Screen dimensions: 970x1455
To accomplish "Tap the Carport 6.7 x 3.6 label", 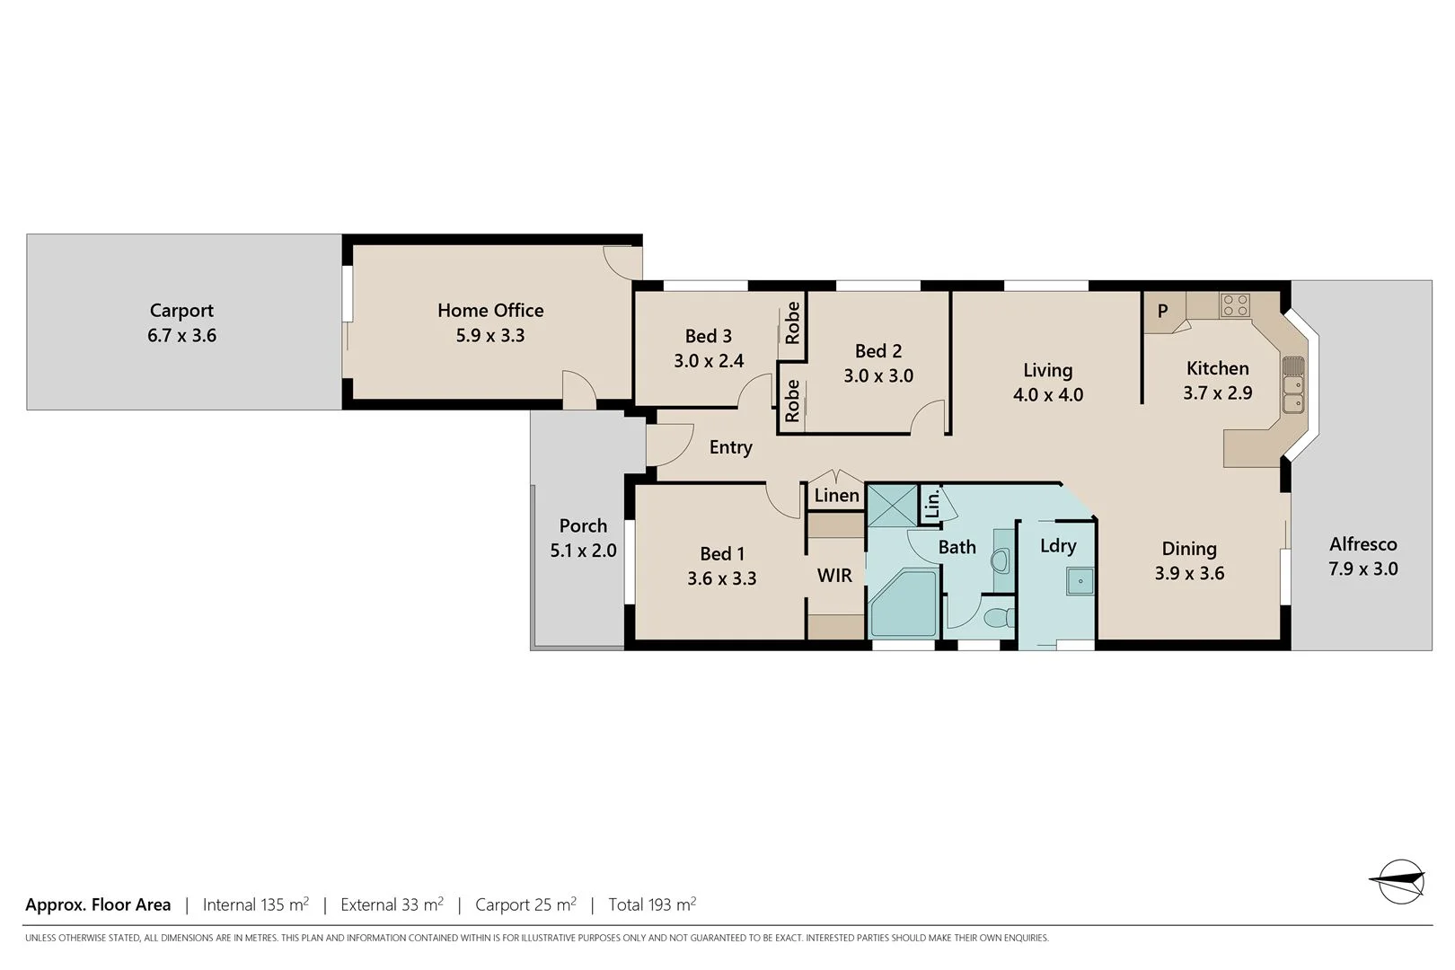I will (181, 323).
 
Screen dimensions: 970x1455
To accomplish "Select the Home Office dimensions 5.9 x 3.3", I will (489, 336).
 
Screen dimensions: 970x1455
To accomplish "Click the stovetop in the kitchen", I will (1235, 305).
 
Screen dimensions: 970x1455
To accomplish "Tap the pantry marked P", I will (1162, 312).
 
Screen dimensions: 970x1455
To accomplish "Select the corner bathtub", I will (903, 606).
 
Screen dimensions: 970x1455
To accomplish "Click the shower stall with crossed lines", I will (891, 504).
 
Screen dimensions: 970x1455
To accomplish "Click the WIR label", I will (834, 576).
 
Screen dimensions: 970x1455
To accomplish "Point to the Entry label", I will (730, 447).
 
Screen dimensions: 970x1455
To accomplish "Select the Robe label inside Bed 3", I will (792, 323).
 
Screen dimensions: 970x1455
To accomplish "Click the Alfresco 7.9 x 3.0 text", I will (1362, 556).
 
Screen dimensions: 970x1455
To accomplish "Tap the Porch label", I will (583, 525).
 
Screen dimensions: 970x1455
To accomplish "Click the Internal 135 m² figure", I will (256, 904).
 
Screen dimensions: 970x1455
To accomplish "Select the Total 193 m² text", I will (652, 904).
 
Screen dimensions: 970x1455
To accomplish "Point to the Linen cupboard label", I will (836, 496).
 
